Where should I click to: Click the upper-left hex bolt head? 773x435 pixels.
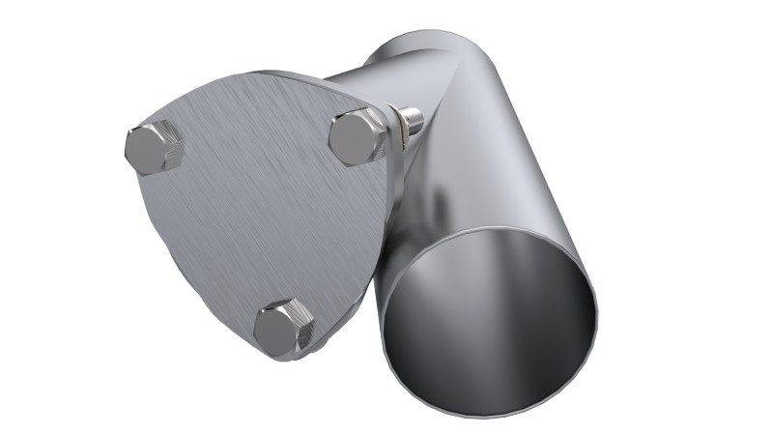[155, 148]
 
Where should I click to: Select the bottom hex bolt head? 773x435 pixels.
[283, 327]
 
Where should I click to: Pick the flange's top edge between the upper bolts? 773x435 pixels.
[261, 81]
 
